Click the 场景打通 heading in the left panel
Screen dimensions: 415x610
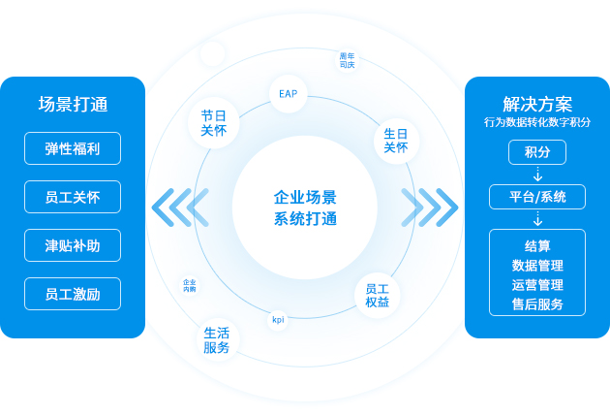coord(73,105)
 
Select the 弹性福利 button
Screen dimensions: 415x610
coord(73,148)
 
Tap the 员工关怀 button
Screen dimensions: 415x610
coord(73,197)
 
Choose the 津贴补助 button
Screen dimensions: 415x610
coord(73,245)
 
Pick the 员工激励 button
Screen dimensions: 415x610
coord(73,294)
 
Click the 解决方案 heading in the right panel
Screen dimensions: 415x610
coord(537,104)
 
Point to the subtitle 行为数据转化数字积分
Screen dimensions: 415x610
coord(537,122)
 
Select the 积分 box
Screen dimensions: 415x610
coord(537,152)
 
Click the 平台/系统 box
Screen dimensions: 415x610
coord(537,197)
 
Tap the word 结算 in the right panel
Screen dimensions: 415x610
coord(537,245)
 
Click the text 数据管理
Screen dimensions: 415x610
coord(537,265)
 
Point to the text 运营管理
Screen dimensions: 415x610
coord(537,284)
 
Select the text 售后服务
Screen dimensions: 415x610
coord(537,303)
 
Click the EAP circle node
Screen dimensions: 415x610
coord(288,95)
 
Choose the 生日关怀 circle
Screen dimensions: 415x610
coord(395,141)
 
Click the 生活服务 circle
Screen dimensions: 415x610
coord(217,339)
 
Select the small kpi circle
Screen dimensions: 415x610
coord(278,319)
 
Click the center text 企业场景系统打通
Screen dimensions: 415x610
coord(305,207)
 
